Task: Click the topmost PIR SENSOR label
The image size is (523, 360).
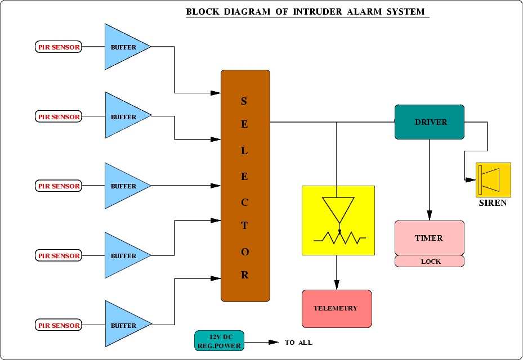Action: [59, 47]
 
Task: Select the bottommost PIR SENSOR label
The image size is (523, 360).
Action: [59, 325]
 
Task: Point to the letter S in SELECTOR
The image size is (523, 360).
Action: [244, 101]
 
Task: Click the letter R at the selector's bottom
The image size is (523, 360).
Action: [245, 276]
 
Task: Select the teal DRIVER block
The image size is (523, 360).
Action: [429, 121]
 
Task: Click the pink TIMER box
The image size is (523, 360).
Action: [429, 237]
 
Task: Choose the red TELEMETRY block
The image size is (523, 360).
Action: [337, 308]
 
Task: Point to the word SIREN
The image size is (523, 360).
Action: [493, 203]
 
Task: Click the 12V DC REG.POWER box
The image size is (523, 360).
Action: [220, 341]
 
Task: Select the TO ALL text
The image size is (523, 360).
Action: [298, 343]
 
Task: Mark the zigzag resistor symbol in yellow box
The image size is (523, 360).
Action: [340, 238]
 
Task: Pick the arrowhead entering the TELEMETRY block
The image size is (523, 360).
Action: [337, 285]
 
